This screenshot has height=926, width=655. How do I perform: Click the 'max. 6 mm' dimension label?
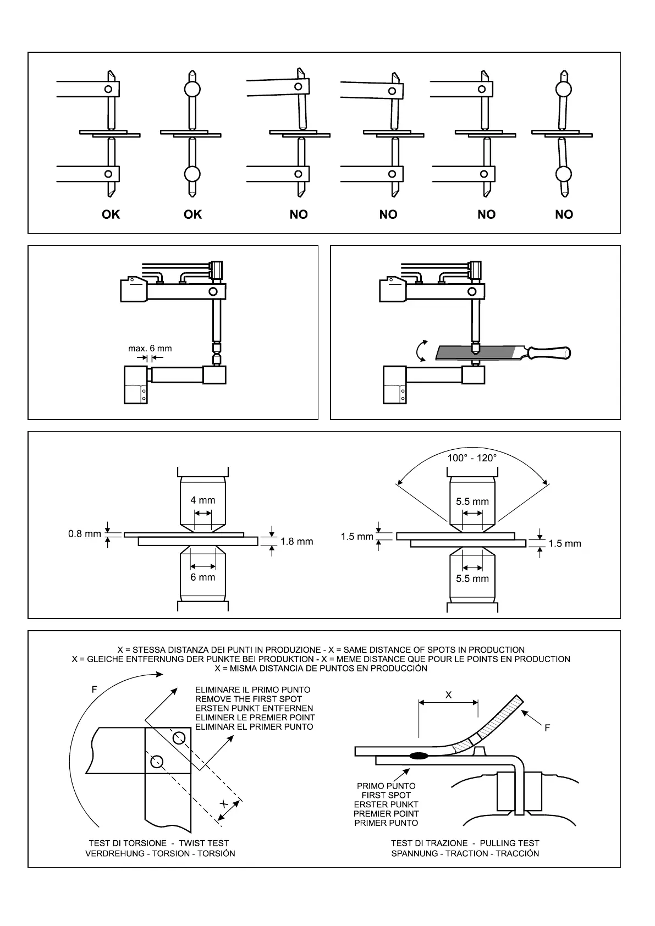coord(150,348)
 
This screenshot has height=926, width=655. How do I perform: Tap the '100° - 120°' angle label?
coord(472,458)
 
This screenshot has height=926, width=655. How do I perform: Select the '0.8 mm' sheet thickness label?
coord(85,533)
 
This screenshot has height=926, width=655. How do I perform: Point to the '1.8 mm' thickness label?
coord(296,542)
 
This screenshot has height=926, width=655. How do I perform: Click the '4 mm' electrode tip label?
coord(202,500)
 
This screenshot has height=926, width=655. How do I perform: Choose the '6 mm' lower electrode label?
coord(202,577)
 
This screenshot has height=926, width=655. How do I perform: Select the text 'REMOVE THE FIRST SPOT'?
coord(249,699)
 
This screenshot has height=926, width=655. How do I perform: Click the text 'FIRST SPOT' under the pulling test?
coord(386,795)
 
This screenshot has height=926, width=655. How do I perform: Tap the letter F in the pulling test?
coord(547,728)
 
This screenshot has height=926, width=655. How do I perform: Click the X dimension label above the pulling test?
coord(448,695)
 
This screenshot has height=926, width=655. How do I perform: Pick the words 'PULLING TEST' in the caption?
coord(509,843)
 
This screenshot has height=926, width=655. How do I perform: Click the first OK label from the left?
coord(111,214)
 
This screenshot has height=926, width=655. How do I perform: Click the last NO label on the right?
coord(564,214)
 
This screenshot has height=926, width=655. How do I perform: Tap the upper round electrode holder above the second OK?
coord(192,89)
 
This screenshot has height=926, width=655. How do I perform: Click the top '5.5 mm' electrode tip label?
coord(472,501)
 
